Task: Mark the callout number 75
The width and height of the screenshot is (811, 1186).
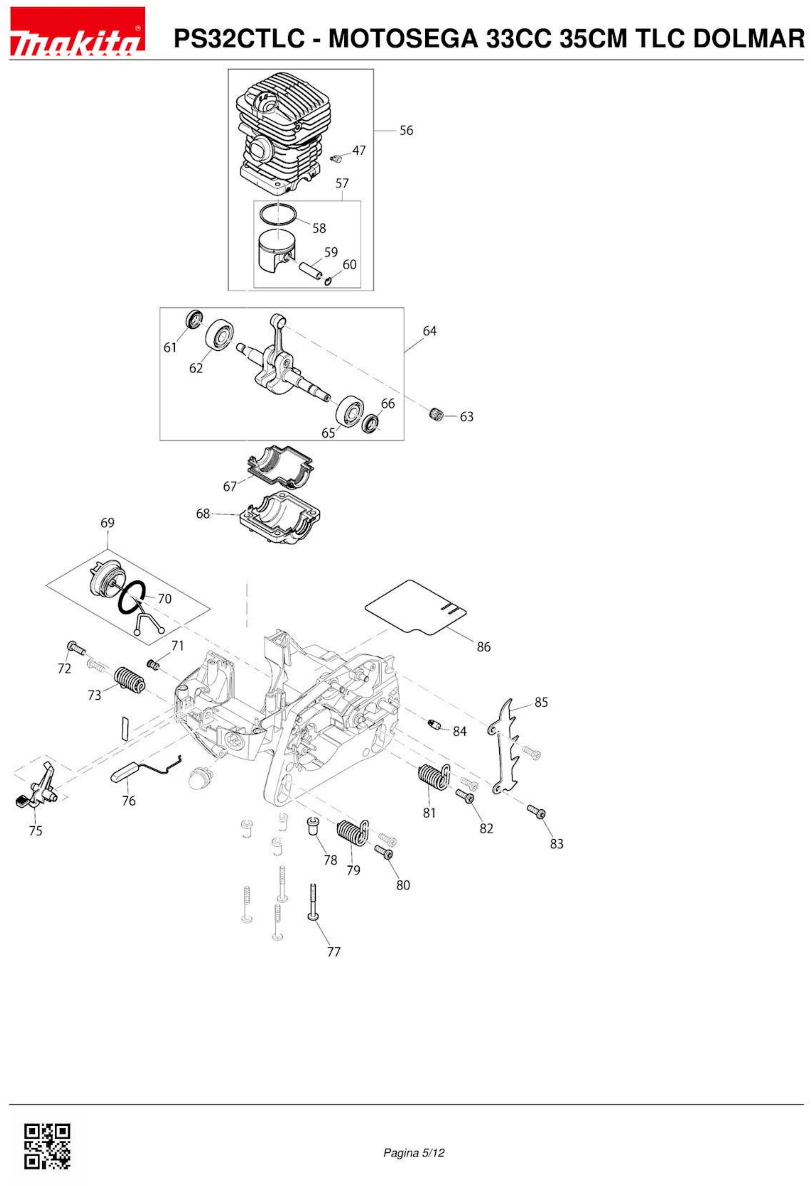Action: pyautogui.click(x=36, y=831)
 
